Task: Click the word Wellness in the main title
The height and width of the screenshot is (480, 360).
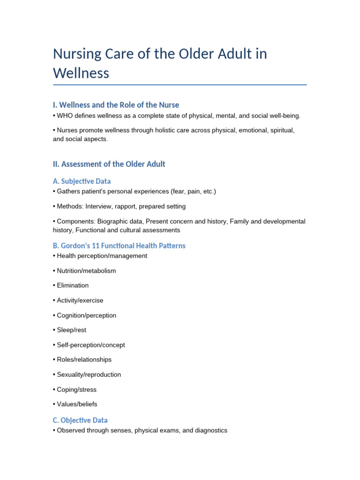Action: (x=81, y=73)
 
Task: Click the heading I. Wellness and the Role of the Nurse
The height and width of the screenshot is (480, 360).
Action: (x=116, y=105)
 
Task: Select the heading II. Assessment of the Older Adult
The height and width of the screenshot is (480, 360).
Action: (x=109, y=164)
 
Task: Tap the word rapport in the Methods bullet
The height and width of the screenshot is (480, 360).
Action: (x=124, y=206)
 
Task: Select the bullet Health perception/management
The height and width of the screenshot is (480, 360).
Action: (x=102, y=256)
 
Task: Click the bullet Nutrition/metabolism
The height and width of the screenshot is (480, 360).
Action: (x=86, y=271)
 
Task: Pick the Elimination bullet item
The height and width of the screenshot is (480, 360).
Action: (x=73, y=285)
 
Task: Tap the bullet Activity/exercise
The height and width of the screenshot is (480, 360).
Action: (x=80, y=300)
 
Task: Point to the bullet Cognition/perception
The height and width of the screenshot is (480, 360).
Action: (x=86, y=315)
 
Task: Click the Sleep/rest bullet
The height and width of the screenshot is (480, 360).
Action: (x=72, y=330)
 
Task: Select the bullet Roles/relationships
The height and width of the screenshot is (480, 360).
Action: (x=84, y=360)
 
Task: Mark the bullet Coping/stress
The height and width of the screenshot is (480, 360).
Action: (x=77, y=390)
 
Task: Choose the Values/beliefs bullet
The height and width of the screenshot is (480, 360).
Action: (x=77, y=404)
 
